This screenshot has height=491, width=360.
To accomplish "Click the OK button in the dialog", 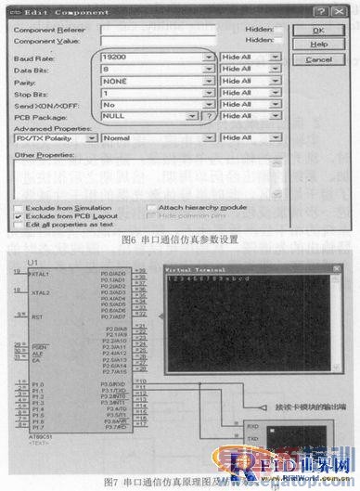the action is tap(320, 30).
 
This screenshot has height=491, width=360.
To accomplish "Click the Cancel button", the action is tap(320, 59).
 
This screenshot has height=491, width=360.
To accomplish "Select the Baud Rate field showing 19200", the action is tap(155, 58).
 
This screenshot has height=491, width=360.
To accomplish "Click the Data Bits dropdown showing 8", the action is tap(155, 70).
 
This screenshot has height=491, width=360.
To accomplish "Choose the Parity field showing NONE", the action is tap(155, 82).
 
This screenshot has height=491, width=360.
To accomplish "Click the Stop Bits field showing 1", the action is tap(155, 94).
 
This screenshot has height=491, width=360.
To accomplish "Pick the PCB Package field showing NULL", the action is tap(149, 117).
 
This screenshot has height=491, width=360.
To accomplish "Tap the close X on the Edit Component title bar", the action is tap(345, 9).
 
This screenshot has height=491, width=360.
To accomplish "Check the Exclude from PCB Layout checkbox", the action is tap(19, 215).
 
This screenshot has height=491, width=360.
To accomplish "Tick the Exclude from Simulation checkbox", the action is tap(19, 207).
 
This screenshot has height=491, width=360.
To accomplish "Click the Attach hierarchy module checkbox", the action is tap(151, 207).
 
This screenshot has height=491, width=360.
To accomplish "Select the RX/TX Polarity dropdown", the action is tap(56, 137).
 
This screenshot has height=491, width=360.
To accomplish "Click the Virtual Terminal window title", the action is tap(189, 267).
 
